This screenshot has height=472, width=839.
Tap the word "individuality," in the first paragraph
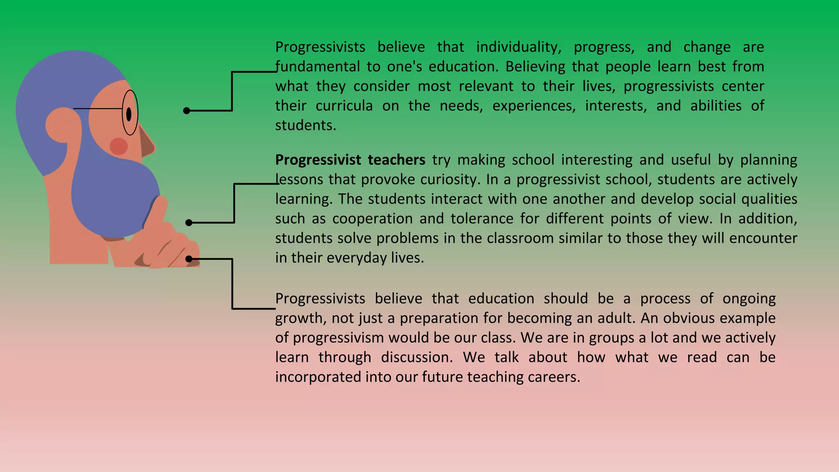pyautogui.click(x=519, y=47)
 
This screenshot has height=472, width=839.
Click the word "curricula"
pyautogui.click(x=344, y=106)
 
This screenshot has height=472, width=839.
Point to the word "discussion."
pyautogui.click(x=417, y=357)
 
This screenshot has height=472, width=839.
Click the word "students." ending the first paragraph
pyautogui.click(x=306, y=125)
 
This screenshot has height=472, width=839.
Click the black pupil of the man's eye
pyautogui.click(x=129, y=114)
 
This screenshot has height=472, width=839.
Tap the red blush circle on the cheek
pyautogui.click(x=118, y=146)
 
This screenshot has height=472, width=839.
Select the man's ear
pyautogui.click(x=61, y=125)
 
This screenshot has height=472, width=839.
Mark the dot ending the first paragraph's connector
pyautogui.click(x=187, y=111)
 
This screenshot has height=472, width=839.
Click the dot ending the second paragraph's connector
pyautogui.click(x=189, y=223)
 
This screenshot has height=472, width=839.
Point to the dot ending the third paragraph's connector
pyautogui.click(x=189, y=259)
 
